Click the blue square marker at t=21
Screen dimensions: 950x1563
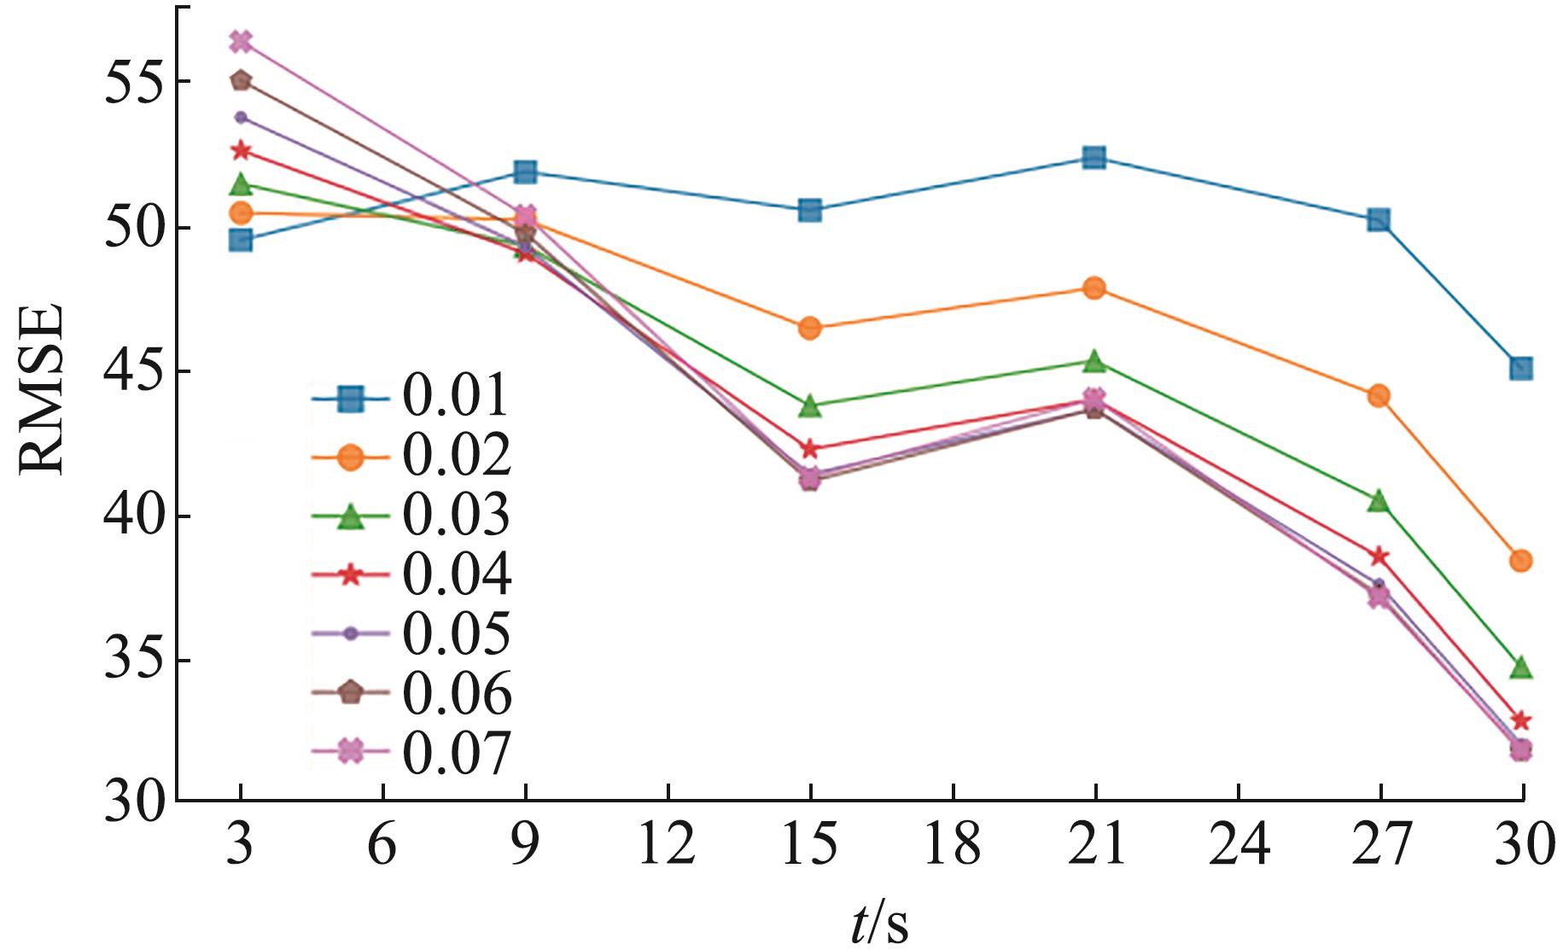[1094, 157]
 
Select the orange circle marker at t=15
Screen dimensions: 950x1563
[809, 328]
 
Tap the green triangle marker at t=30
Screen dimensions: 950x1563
[1520, 667]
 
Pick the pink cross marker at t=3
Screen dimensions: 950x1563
[241, 41]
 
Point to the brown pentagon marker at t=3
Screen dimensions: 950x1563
[241, 80]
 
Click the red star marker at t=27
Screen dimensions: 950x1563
[1379, 557]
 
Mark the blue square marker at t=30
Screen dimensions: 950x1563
[1520, 369]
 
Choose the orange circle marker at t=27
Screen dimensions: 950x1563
[1379, 395]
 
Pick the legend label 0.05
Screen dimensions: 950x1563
[457, 633]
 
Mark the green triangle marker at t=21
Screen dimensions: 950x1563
[1094, 362]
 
